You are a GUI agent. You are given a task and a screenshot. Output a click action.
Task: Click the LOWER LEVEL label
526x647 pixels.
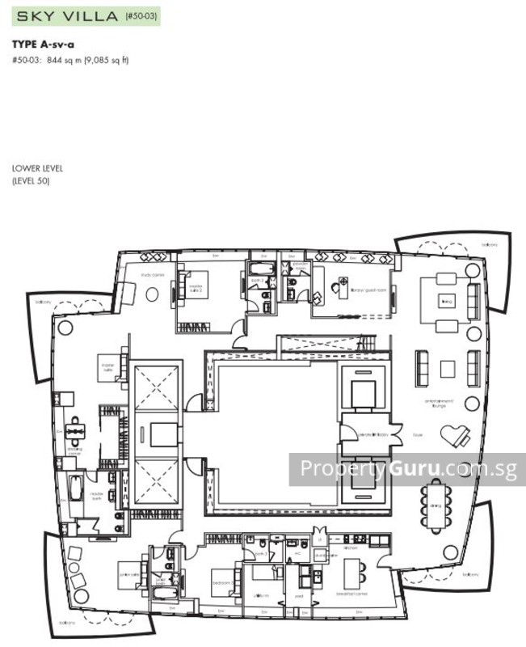tap(37, 168)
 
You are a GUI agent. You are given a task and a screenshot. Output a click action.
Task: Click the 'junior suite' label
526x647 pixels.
tap(128, 576)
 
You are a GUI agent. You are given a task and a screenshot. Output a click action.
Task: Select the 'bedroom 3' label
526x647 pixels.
tap(222, 582)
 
